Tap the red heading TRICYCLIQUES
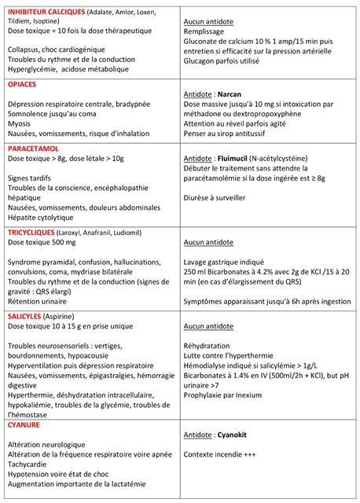[x=32, y=232]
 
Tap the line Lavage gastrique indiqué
[x=221, y=262]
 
